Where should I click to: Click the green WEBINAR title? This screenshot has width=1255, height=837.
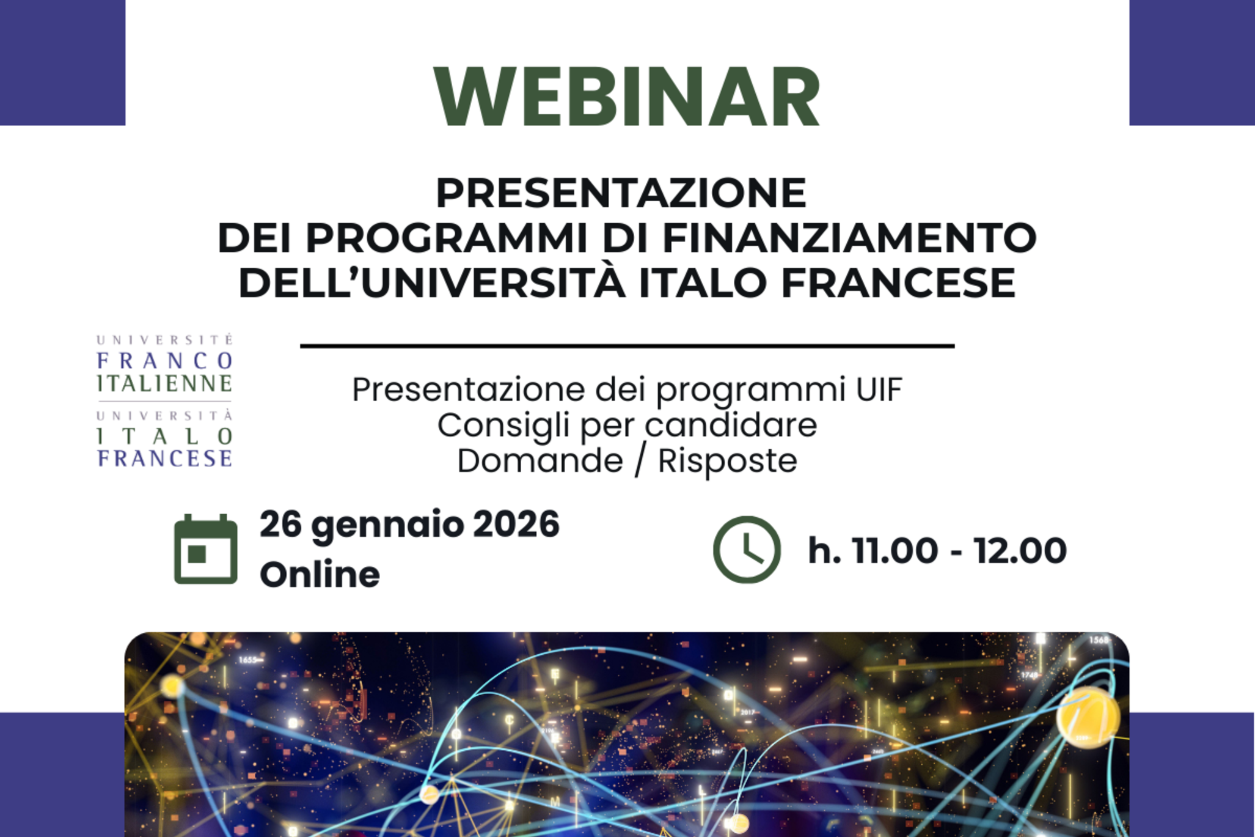pos(627,97)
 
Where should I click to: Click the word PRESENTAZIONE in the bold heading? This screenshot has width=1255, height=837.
pos(621,193)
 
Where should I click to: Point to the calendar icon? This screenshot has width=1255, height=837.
pos(205,549)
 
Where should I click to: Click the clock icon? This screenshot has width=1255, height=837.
pos(747,550)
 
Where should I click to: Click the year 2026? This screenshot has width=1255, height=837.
pos(516,525)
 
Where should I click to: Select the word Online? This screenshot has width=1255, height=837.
pos(320,575)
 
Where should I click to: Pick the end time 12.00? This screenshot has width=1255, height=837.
pos(1020,551)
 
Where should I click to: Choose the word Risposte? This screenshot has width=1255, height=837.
pos(727,462)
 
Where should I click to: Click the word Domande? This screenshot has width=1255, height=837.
pos(540,460)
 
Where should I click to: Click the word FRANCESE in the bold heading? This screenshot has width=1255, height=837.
pos(898,283)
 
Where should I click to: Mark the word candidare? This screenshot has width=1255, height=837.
pos(731,426)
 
